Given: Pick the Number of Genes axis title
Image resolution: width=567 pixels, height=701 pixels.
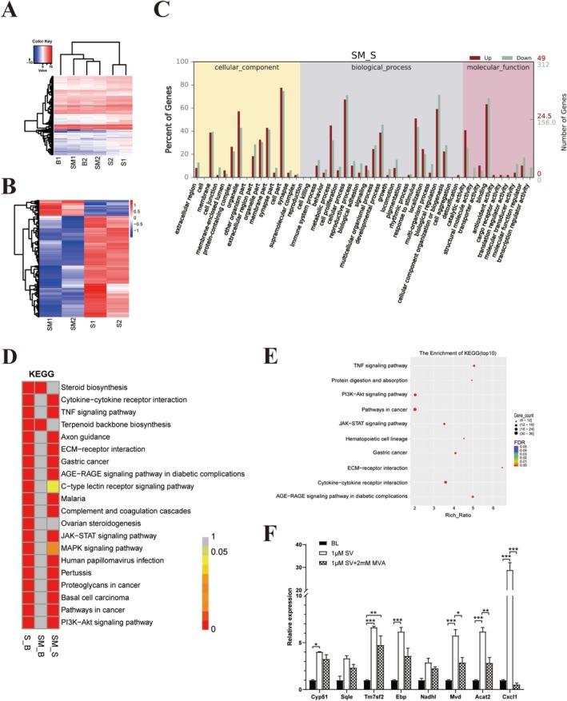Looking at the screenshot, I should pos(557,121).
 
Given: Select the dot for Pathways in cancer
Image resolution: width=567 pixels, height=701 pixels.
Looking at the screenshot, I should pos(416,409).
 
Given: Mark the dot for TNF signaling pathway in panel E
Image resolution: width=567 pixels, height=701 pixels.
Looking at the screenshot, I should pos(474,366).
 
